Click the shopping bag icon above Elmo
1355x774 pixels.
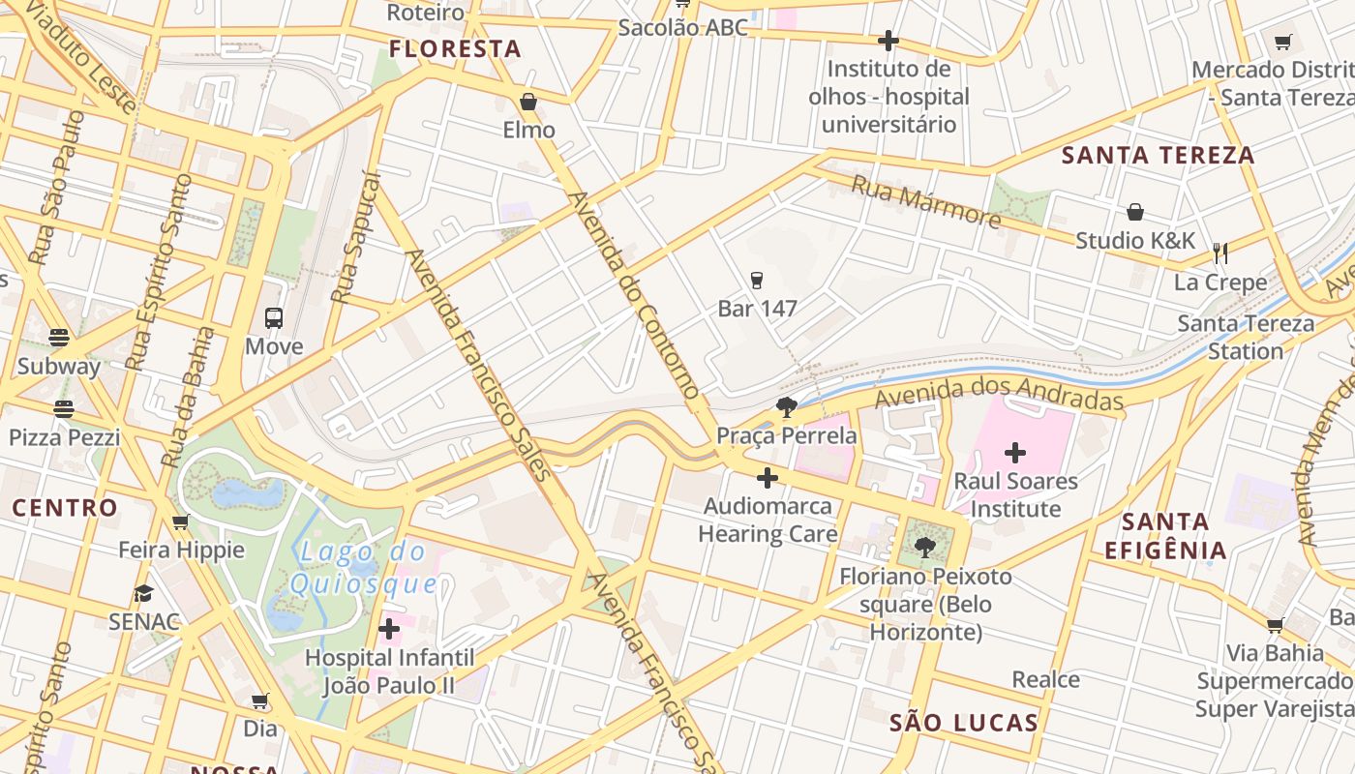coord(528,102)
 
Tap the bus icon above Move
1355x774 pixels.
coord(274,317)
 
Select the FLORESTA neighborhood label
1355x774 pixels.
coord(455,48)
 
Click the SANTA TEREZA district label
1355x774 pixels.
coord(1158,155)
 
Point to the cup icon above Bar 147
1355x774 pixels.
coord(757,281)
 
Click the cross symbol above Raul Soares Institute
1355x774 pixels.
coord(1014,452)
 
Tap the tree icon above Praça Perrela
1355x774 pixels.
coord(786,407)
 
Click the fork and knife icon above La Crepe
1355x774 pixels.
coord(1220,253)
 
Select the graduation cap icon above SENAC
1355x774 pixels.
coord(144,593)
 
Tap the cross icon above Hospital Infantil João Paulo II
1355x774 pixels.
coord(389,630)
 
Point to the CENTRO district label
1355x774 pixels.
coord(65,507)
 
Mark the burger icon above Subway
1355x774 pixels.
coord(59,338)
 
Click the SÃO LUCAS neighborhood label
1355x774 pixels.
coord(963,722)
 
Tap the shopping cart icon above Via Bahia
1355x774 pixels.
coord(1275,625)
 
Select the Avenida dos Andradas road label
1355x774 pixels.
coord(1000,394)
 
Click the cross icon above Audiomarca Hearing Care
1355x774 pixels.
coord(768,478)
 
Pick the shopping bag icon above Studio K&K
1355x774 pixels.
coord(1135,212)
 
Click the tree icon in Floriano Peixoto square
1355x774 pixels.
coord(924,547)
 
